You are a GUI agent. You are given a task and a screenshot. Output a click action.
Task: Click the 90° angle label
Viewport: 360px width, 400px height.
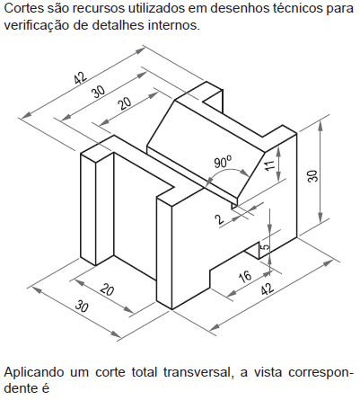tap(223, 162)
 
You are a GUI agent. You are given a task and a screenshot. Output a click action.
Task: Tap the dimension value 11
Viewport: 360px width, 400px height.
tap(269, 165)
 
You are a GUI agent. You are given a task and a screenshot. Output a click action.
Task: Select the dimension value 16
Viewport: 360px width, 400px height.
tap(245, 276)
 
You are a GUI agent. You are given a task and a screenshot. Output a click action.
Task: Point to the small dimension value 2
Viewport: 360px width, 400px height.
tap(220, 219)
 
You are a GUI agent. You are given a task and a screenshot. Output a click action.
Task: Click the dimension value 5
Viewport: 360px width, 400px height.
tap(265, 247)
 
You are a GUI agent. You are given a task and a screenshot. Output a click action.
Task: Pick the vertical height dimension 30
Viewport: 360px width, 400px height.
tap(312, 176)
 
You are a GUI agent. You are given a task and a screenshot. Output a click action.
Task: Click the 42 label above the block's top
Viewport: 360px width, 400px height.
tap(81, 78)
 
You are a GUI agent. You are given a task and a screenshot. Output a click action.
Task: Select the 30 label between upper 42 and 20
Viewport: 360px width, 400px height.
tap(99, 92)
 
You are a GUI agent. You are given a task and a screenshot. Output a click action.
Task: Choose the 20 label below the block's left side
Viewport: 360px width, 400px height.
tap(107, 290)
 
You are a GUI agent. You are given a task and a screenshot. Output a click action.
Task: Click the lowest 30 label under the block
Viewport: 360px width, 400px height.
tap(82, 307)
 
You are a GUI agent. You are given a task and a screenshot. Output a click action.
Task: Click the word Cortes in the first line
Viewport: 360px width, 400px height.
tap(23, 8)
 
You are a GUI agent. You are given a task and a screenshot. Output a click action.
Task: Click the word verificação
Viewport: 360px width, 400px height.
tap(36, 26)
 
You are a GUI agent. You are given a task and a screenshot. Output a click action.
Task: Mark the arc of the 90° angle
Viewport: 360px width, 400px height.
tap(228, 171)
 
